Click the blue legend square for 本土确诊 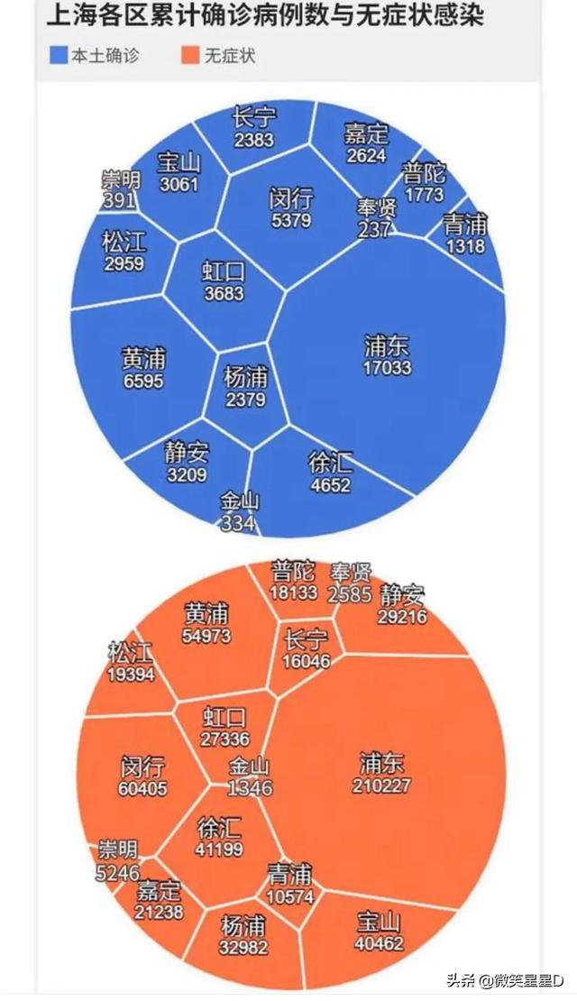[x=59, y=56]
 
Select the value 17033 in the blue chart [x=387, y=367]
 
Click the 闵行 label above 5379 [x=291, y=198]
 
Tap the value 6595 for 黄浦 [x=143, y=381]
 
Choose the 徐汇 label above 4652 [x=330, y=464]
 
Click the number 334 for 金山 [x=238, y=523]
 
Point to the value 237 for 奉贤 [x=374, y=229]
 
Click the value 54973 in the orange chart [x=206, y=636]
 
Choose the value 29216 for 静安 [x=402, y=617]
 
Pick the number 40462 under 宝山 [x=379, y=944]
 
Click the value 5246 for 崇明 [x=118, y=872]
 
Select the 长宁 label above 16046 [x=307, y=639]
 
